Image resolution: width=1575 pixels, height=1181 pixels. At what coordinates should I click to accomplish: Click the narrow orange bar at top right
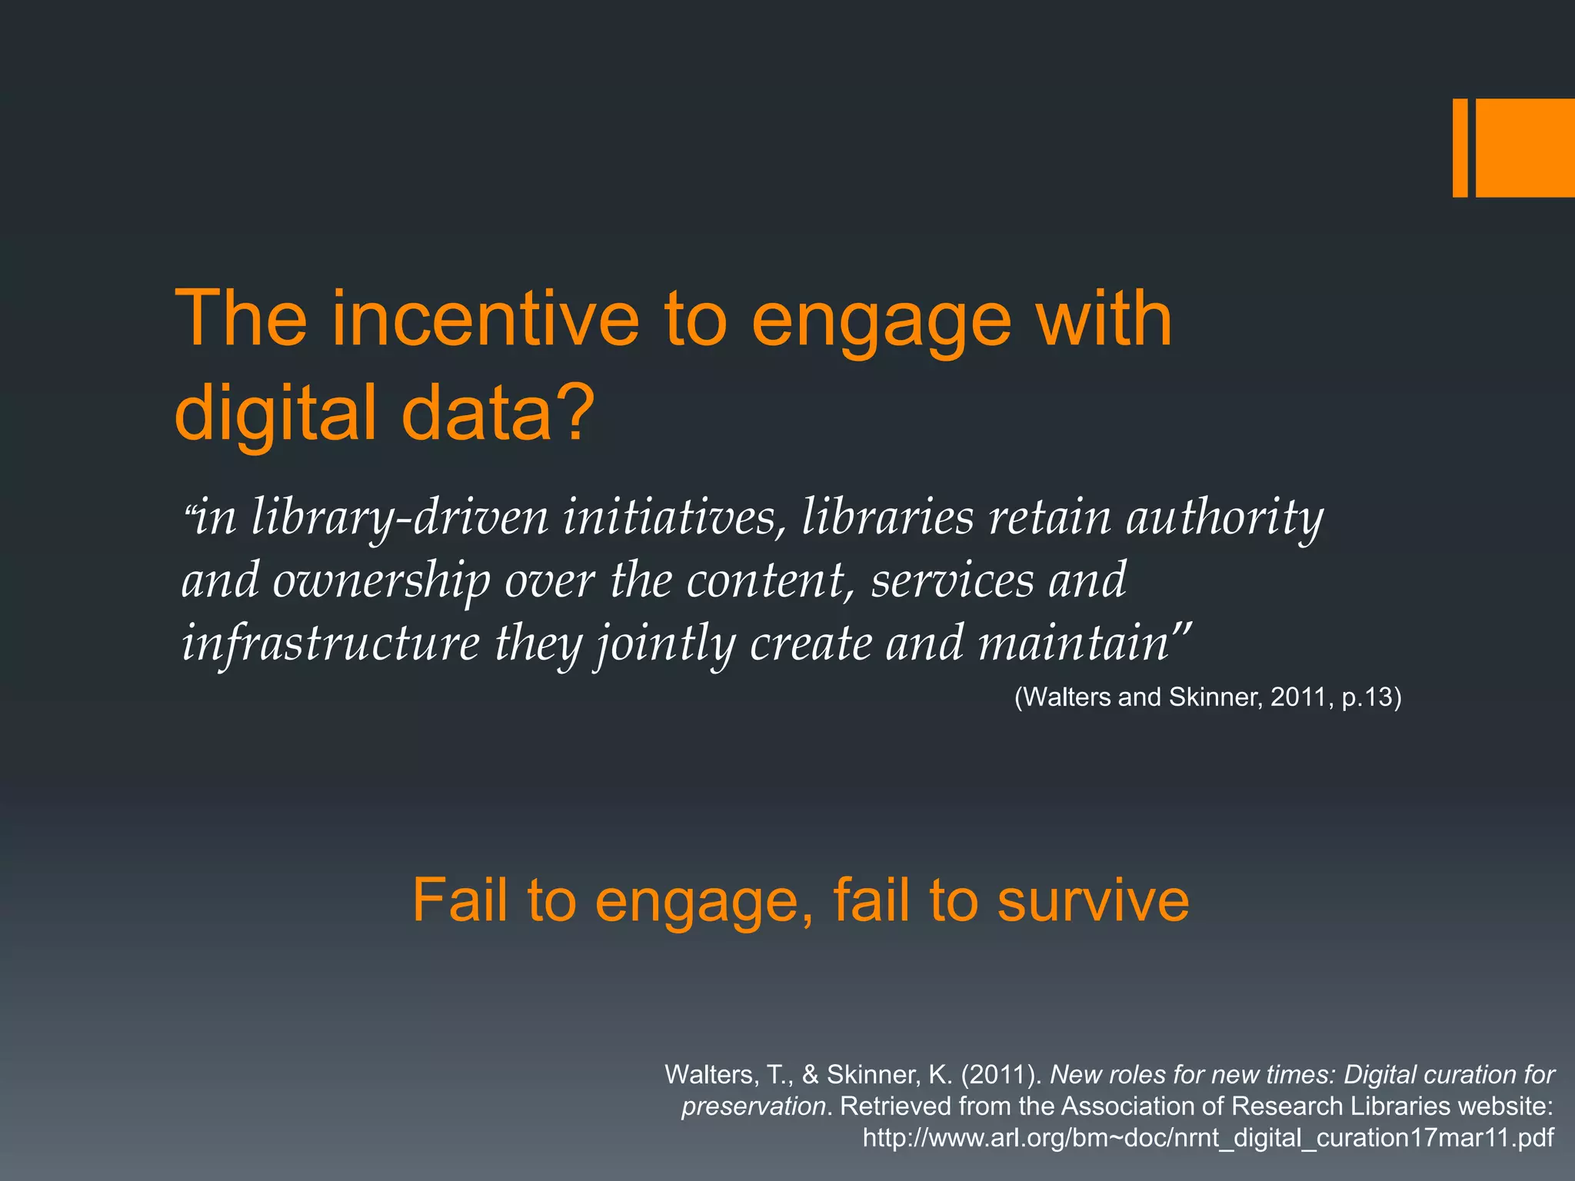(1460, 148)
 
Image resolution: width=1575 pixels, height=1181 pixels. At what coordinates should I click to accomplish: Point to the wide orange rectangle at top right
(1525, 148)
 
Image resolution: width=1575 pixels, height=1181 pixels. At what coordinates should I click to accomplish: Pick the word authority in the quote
(1224, 517)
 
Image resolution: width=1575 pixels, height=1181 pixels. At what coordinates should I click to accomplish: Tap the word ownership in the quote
(381, 581)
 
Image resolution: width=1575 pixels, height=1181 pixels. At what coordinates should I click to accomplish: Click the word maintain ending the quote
(1074, 644)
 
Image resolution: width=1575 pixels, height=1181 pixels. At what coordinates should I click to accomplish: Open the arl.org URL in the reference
(1207, 1137)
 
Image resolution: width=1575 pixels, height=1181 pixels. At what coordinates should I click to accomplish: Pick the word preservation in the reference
(754, 1106)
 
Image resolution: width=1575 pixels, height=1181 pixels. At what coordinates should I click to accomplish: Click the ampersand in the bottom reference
(810, 1074)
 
